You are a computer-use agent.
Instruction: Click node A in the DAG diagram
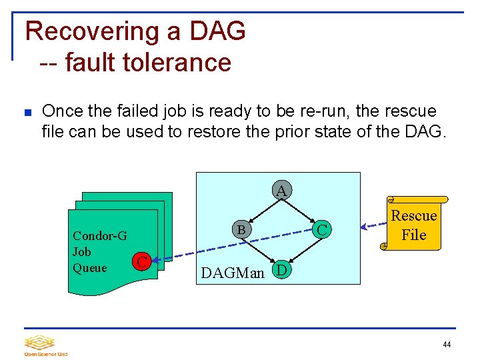(x=281, y=191)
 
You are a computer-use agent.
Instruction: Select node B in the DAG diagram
(x=242, y=229)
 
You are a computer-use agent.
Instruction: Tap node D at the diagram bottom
(x=282, y=270)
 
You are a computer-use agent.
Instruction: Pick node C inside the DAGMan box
(x=322, y=230)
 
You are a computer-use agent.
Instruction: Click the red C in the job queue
(x=140, y=261)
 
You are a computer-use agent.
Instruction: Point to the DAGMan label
(x=233, y=272)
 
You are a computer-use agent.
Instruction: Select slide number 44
(x=446, y=345)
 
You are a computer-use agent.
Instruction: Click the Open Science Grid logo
(x=46, y=345)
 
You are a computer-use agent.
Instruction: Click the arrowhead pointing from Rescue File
(x=364, y=226)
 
